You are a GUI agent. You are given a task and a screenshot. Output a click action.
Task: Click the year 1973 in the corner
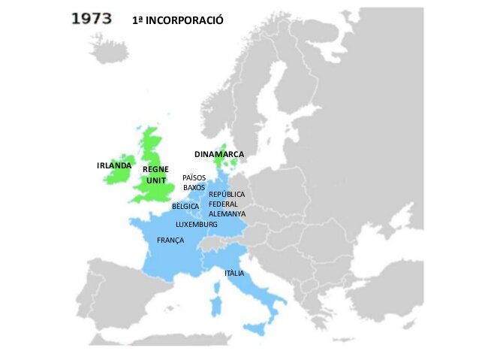pos(96,19)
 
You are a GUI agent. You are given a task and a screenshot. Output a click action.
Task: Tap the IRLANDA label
pos(114,165)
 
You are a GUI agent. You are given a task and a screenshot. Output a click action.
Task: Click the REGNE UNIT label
pos(155,175)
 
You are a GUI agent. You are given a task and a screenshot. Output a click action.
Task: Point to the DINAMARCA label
pos(219,154)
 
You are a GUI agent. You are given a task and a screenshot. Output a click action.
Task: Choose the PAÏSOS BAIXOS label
pos(194,183)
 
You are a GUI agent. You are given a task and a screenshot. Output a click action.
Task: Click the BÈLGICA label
pos(185,206)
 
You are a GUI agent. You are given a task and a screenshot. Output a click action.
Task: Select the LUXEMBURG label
pos(197,225)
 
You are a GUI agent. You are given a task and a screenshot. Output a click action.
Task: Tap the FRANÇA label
pos(170,240)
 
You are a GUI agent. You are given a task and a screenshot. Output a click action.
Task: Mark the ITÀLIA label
pos(234,273)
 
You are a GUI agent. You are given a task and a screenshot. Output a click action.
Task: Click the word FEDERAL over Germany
pos(223,204)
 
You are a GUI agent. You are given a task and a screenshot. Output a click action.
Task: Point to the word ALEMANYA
pos(227,213)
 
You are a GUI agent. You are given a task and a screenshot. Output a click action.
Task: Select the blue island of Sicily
pos(258,328)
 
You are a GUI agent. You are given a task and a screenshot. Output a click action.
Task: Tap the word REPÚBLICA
pos(227,194)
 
